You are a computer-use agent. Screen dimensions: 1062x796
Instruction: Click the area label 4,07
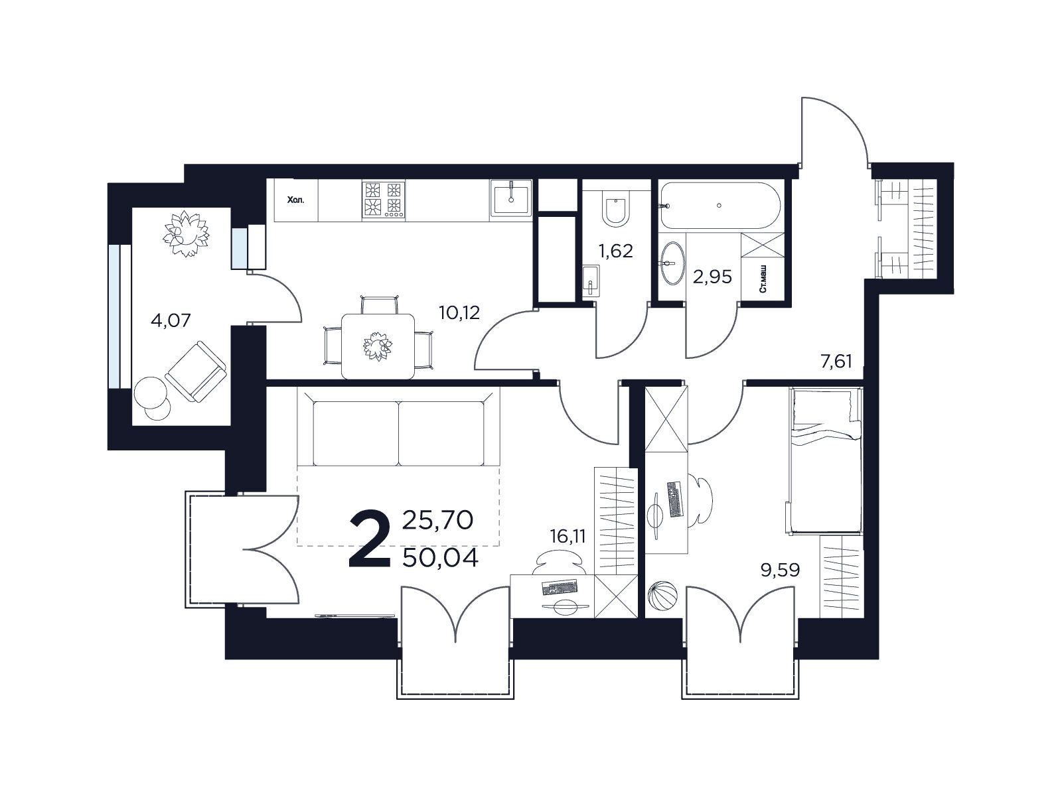(x=171, y=320)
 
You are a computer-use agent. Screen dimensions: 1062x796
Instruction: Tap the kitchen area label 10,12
(x=459, y=312)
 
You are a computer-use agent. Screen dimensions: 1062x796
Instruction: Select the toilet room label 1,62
(x=615, y=251)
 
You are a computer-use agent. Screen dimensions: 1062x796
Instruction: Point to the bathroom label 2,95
(x=712, y=277)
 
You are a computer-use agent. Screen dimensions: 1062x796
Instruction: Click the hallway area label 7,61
(x=836, y=361)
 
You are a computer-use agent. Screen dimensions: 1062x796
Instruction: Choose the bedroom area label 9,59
(x=781, y=570)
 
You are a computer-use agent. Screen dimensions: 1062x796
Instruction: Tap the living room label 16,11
(x=568, y=536)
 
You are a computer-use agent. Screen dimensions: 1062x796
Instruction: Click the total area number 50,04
(x=440, y=559)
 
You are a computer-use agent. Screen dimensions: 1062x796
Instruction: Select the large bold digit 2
(x=370, y=539)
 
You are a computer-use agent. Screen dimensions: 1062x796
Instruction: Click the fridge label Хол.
(x=295, y=200)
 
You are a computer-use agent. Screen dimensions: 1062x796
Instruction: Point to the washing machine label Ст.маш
(x=763, y=283)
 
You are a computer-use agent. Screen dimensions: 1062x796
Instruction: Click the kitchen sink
(x=511, y=198)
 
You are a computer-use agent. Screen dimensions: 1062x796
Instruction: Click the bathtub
(x=720, y=206)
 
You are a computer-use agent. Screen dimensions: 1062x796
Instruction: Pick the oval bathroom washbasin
(x=672, y=263)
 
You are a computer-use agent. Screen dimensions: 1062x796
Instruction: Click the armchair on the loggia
(x=196, y=371)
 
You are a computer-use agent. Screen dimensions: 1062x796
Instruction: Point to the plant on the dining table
(x=378, y=346)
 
